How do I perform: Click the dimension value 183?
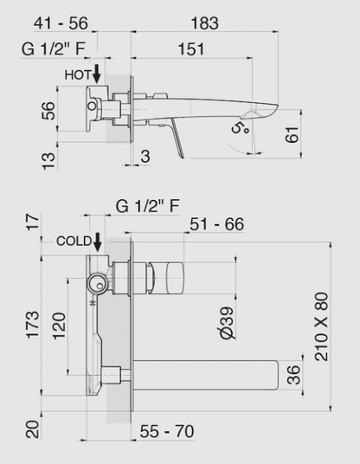coord(205,23)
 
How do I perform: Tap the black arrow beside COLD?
coord(99,242)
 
